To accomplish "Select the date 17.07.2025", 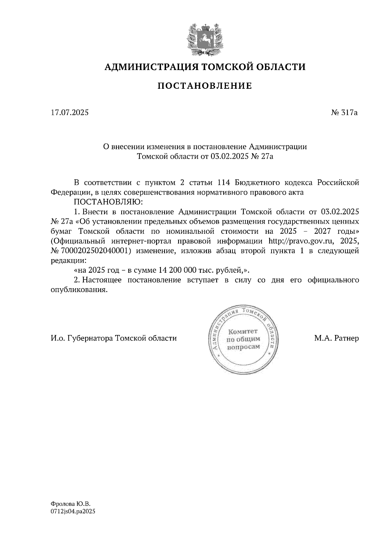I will (x=69, y=113).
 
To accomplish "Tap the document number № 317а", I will (x=345, y=113).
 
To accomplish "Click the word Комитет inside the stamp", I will (x=243, y=331).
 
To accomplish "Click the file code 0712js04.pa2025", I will (x=73, y=512).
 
